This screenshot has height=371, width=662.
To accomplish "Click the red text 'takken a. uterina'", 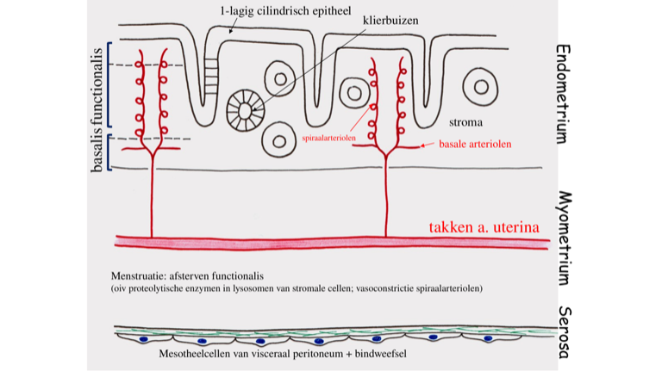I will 484,227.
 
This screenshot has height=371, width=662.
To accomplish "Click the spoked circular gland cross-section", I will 244,108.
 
